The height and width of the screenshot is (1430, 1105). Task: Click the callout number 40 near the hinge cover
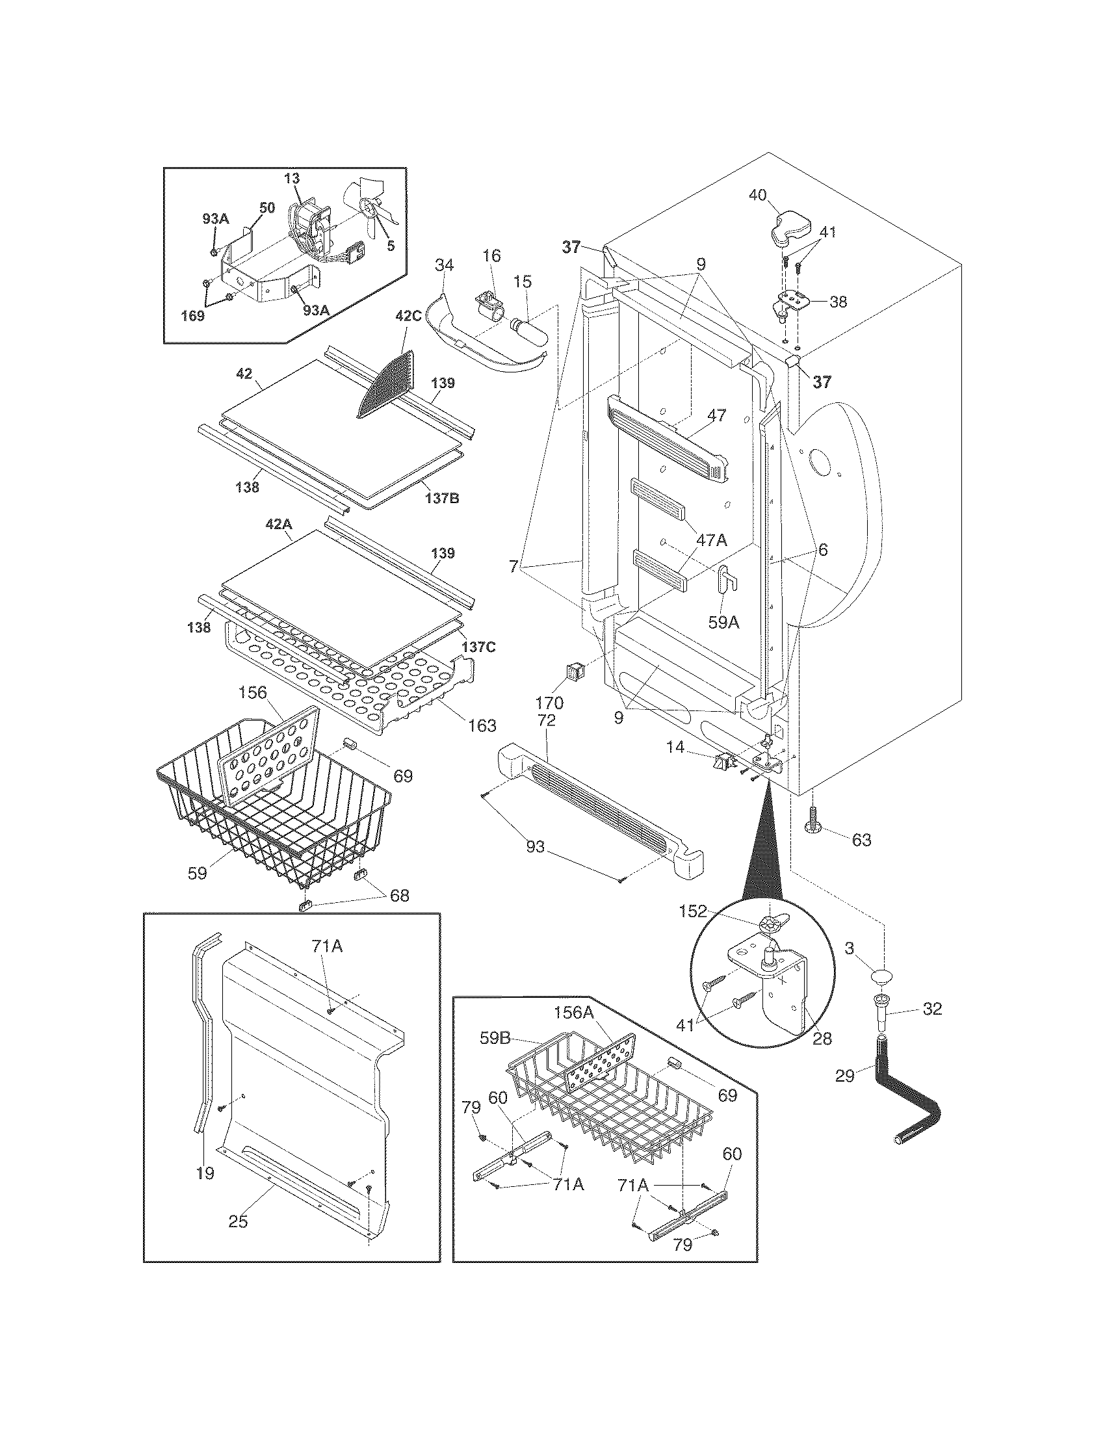[x=757, y=196]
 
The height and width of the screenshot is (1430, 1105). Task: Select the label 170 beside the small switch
[x=549, y=703]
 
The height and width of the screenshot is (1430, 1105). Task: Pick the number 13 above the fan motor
[x=292, y=178]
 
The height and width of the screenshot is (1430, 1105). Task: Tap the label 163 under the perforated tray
[x=482, y=725]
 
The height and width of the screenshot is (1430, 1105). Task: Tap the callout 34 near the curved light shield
[x=445, y=265]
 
